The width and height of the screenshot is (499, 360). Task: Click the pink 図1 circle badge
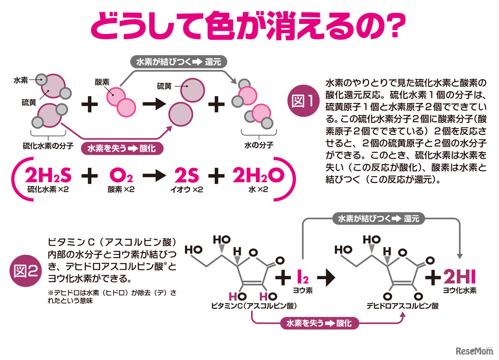(306, 101)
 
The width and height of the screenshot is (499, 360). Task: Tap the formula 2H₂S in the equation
(48, 176)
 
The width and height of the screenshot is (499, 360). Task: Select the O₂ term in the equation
(121, 177)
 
